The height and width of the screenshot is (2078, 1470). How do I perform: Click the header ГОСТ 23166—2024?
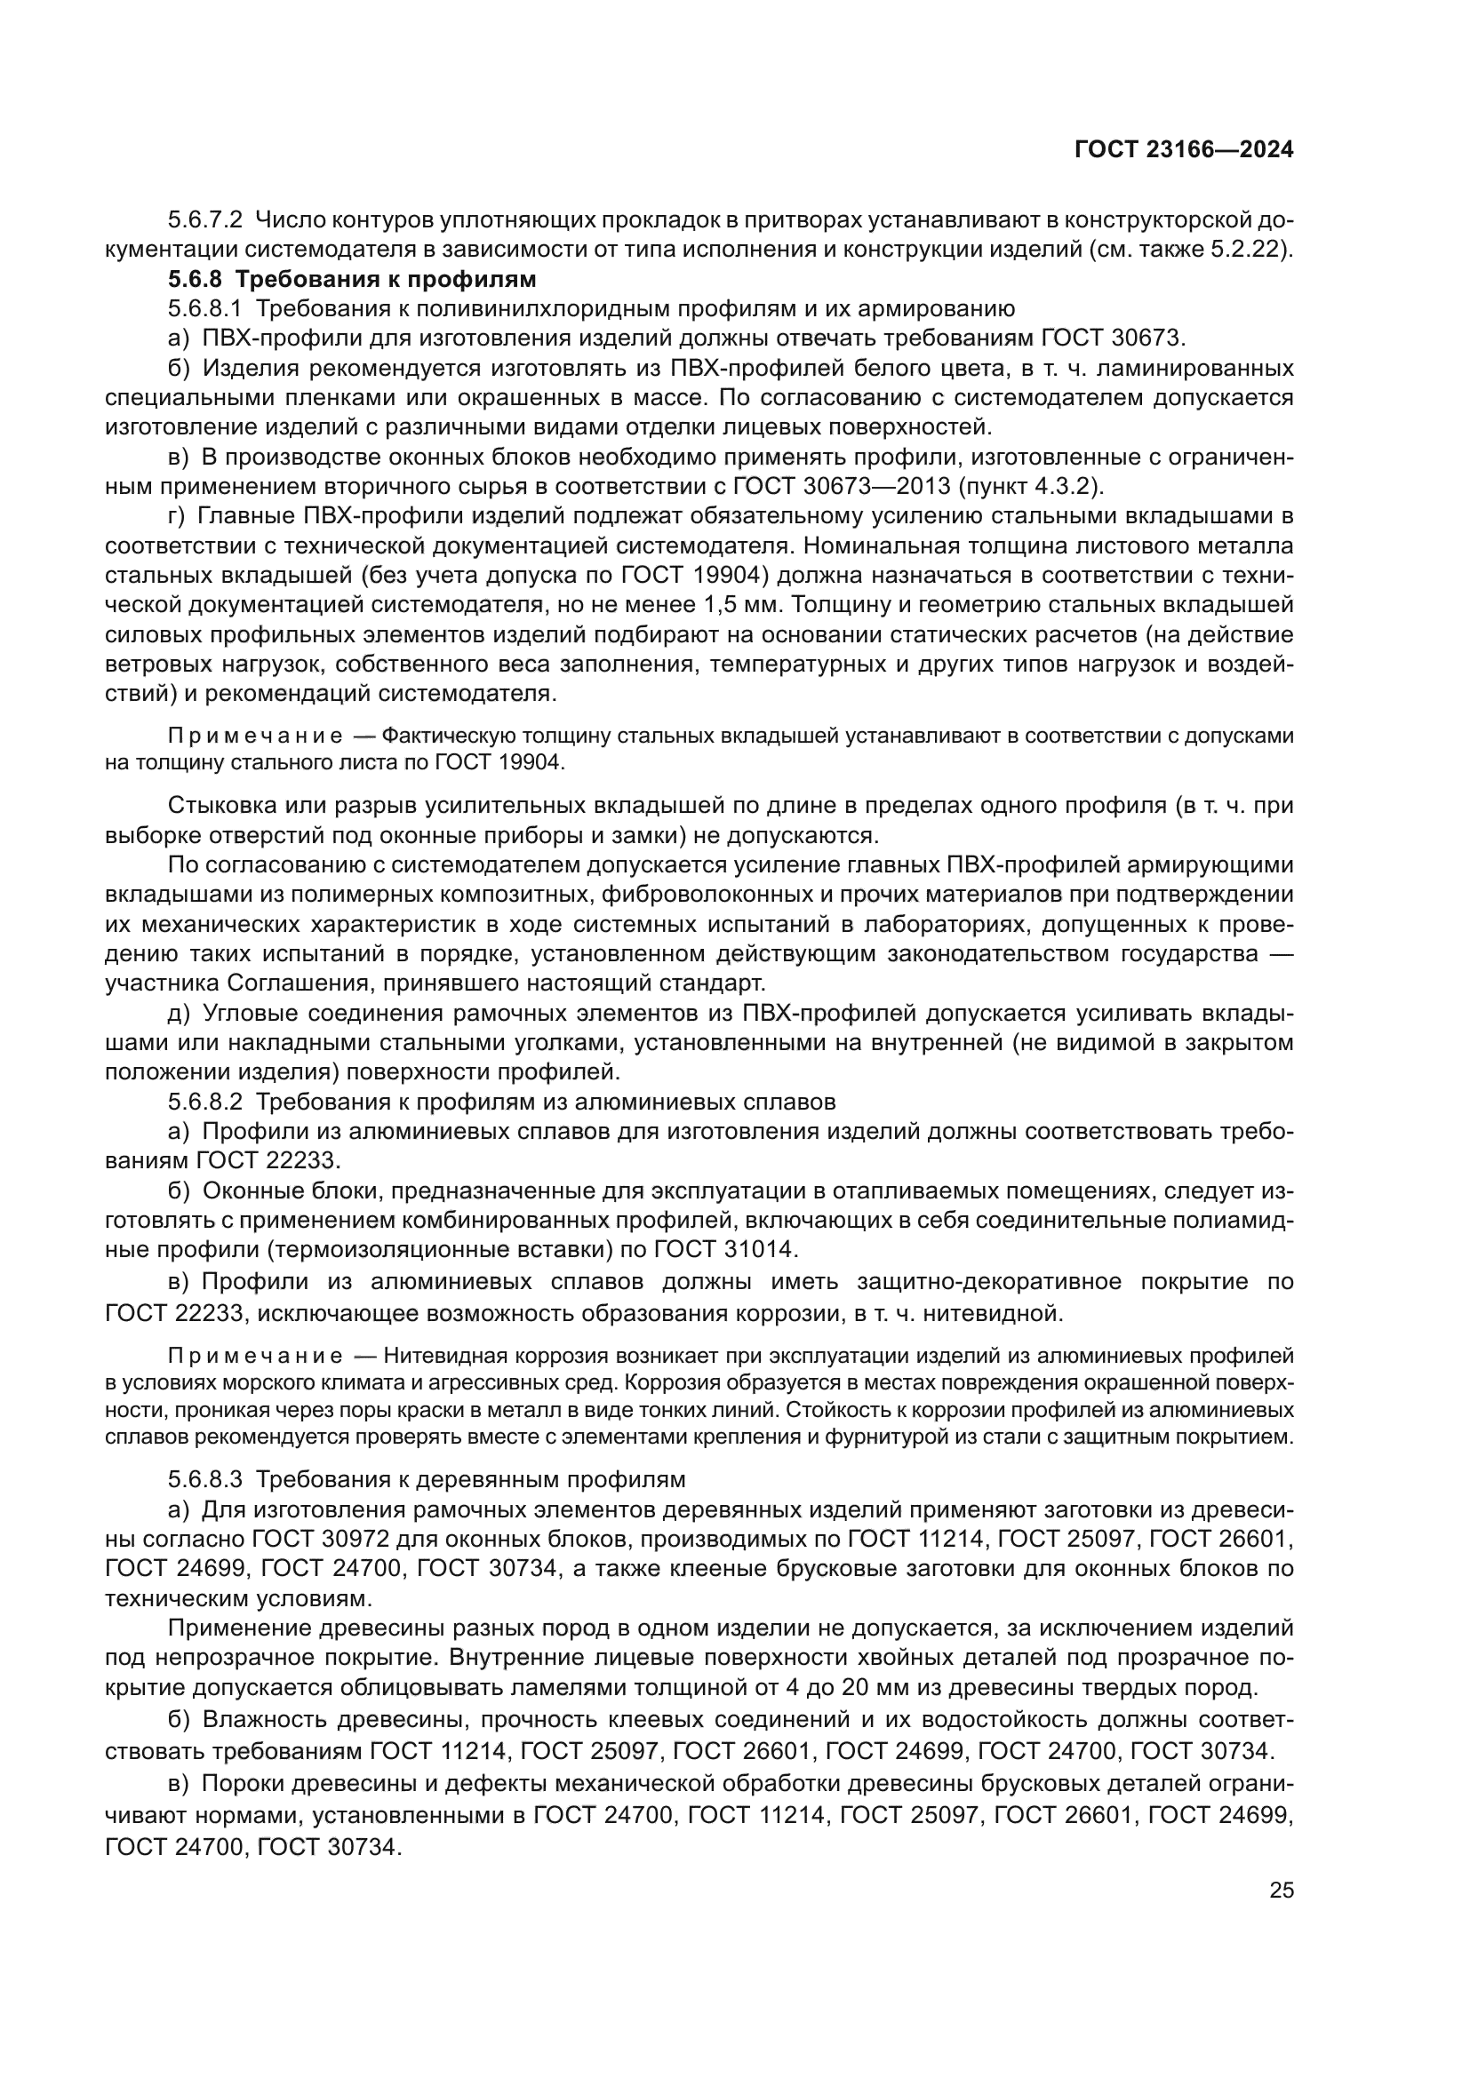(x=1183, y=150)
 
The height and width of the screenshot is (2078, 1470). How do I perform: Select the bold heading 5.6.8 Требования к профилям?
(x=352, y=279)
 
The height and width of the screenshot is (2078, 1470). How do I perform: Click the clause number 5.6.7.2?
(x=205, y=220)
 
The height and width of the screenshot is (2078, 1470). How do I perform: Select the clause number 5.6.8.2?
(x=205, y=1103)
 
